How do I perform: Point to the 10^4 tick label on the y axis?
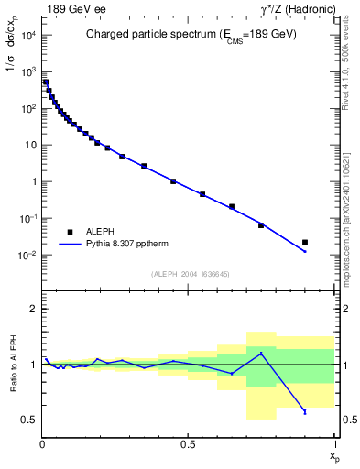28,35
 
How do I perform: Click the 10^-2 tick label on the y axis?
27,255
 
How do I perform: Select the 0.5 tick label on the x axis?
188,444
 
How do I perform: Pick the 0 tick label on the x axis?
42,444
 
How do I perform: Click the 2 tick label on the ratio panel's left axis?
33,310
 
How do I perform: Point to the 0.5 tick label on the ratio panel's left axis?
29,420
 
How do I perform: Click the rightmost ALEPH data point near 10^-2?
305,243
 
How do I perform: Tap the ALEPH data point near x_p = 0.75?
261,224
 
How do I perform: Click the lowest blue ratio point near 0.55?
305,411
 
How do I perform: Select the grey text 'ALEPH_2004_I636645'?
189,273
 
